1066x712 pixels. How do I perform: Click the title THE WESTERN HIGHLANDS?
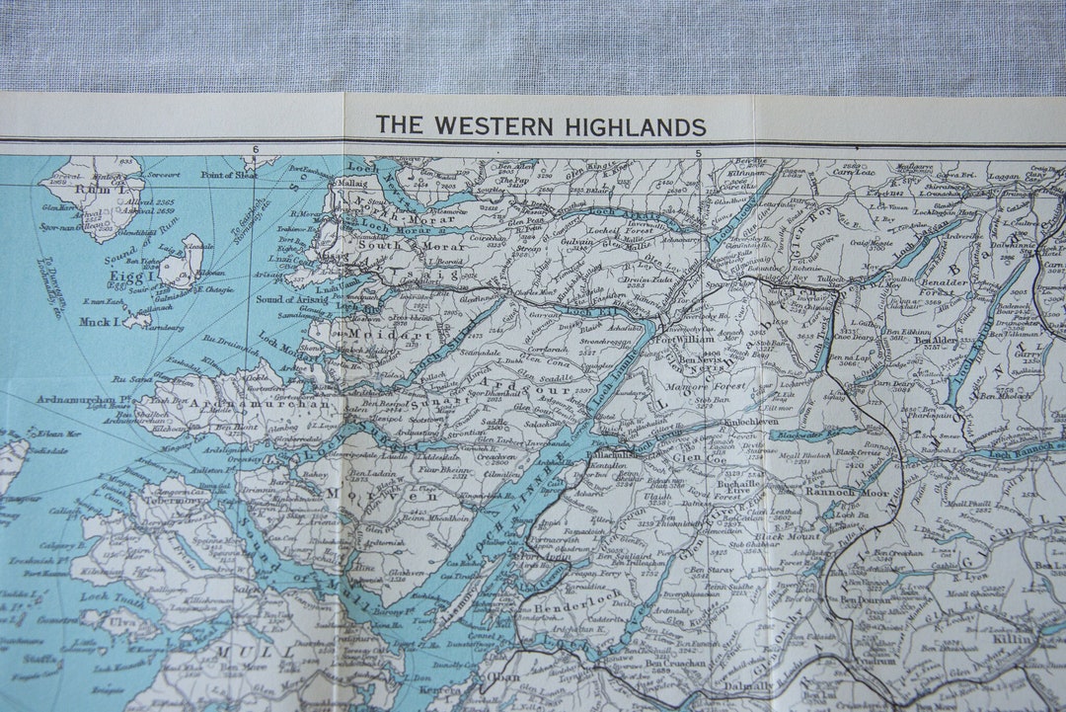point(540,126)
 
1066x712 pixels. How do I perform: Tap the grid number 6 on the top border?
point(255,150)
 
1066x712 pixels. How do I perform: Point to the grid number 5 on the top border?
point(698,153)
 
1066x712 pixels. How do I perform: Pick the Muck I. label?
point(101,321)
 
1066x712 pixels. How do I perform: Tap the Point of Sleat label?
point(229,175)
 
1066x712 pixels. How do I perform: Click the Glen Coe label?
point(700,457)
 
